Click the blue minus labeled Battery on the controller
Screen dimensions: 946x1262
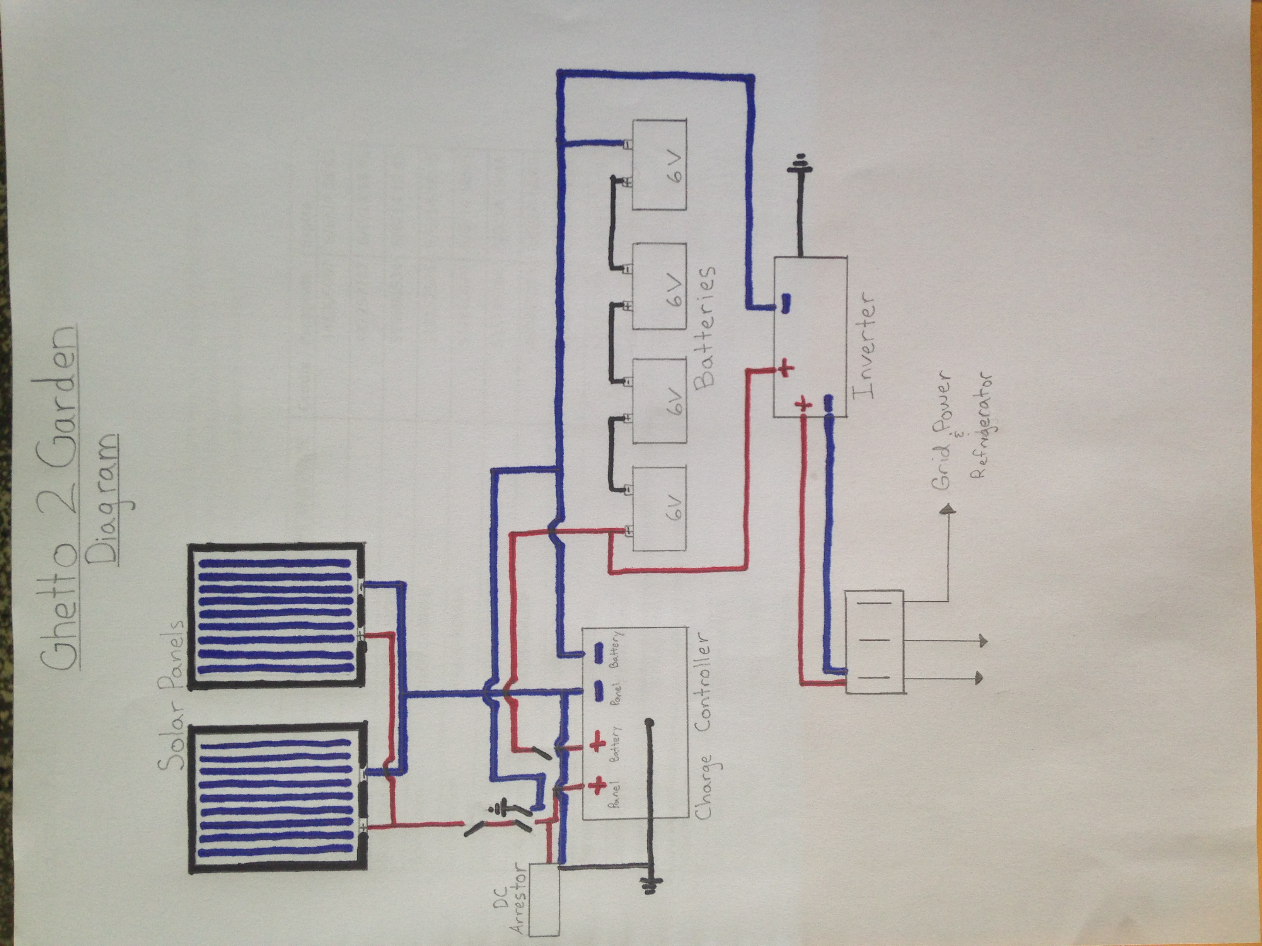599,653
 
